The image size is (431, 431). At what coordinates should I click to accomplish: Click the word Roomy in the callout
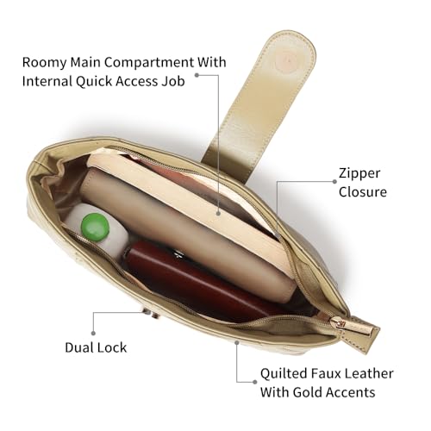[44, 63]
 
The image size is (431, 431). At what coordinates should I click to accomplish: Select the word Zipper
[359, 173]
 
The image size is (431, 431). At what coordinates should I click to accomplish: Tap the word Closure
[363, 192]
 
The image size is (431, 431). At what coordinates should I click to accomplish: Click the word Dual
[79, 347]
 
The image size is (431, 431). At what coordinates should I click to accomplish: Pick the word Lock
[112, 347]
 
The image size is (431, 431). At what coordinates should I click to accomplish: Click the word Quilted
[284, 373]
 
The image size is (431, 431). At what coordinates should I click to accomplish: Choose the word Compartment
[149, 63]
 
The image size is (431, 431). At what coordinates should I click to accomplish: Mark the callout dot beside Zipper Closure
[334, 181]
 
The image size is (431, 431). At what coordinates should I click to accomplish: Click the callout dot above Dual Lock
[93, 333]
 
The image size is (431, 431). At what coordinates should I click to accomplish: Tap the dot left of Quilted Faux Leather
[254, 382]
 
